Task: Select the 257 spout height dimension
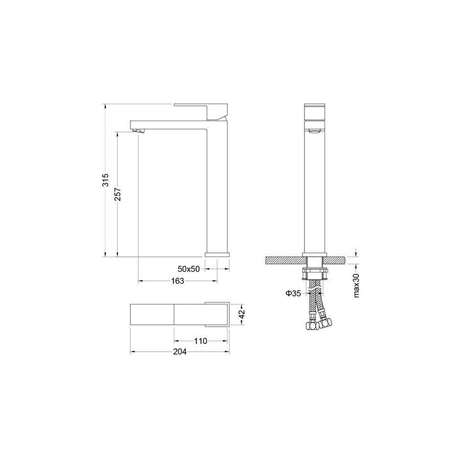click(118, 194)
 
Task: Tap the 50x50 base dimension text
click(189, 269)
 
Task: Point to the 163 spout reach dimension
click(177, 281)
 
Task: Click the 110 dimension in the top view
click(201, 341)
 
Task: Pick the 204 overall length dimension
click(179, 352)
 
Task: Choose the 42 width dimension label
click(241, 314)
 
